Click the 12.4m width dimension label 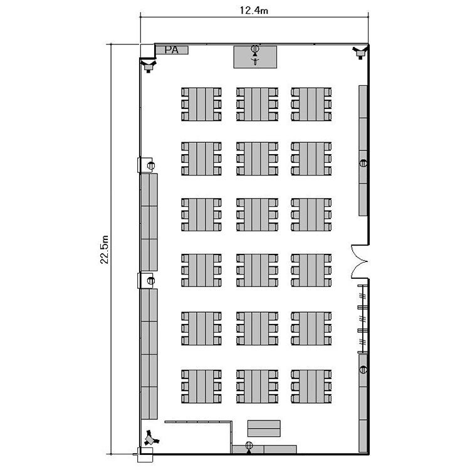(x=254, y=10)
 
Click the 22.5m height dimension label (x=104, y=249)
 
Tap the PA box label (x=172, y=50)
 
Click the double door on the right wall (x=360, y=261)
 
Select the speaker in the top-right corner (x=360, y=52)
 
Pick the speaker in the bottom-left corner (x=151, y=439)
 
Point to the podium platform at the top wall (x=255, y=57)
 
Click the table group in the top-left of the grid (x=201, y=104)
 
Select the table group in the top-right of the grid (x=311, y=104)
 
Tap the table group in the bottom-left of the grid (x=201, y=387)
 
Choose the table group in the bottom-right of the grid (x=311, y=387)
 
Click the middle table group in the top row (x=257, y=104)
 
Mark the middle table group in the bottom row (x=257, y=387)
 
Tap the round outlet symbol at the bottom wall (x=249, y=446)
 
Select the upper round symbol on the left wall (x=151, y=165)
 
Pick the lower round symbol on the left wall (x=151, y=281)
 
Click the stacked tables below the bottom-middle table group (x=264, y=429)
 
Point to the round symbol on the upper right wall (x=363, y=164)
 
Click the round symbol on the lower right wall (x=363, y=370)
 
